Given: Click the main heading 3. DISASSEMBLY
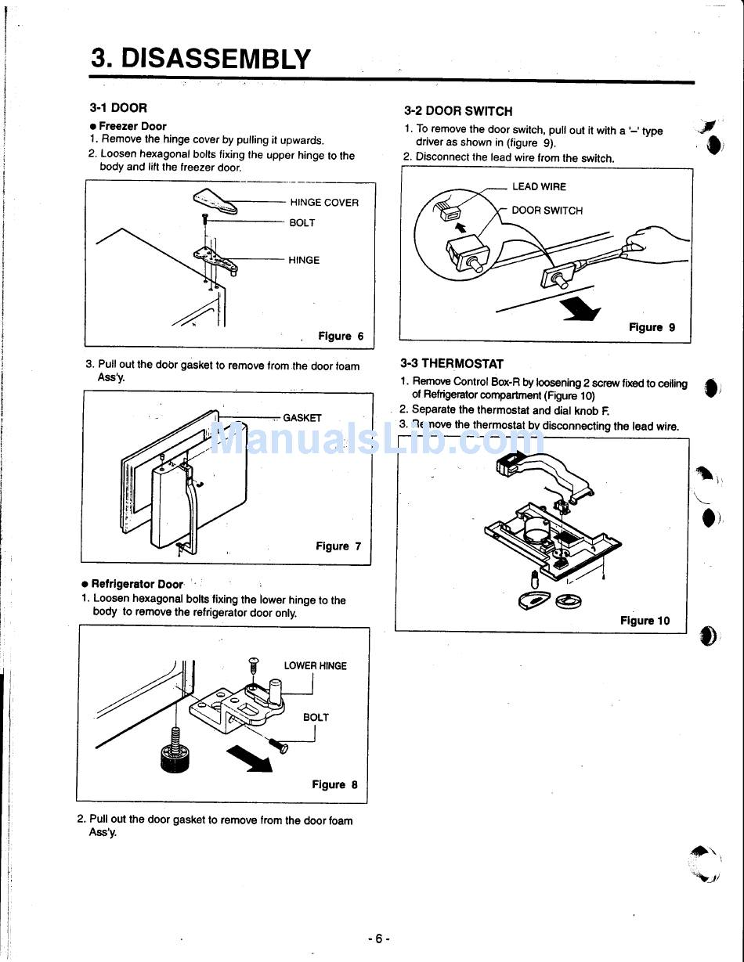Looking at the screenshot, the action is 200,58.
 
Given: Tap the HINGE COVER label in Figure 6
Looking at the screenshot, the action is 323,203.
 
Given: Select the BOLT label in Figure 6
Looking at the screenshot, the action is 302,223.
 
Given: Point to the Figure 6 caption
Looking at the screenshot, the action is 340,337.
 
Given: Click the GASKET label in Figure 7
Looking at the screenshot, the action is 302,418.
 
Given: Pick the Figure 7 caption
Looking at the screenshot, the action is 338,546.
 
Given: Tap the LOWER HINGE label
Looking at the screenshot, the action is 315,666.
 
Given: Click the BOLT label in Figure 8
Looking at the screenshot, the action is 316,717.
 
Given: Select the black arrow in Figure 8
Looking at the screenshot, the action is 248,758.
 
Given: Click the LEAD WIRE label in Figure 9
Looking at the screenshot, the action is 538,187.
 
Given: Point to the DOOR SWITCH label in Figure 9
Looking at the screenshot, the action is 547,211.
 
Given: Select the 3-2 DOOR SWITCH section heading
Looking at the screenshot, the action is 458,111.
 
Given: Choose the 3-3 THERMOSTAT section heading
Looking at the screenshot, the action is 452,364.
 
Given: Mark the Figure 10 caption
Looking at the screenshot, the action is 645,621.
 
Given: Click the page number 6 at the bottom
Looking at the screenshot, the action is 377,939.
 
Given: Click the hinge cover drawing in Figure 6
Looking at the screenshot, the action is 215,201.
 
